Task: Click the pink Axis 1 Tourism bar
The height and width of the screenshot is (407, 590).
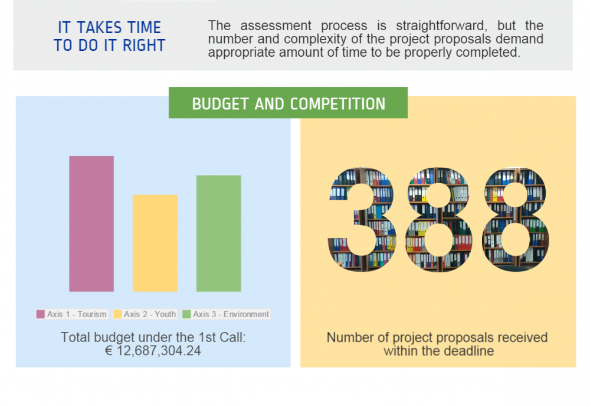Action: (91, 223)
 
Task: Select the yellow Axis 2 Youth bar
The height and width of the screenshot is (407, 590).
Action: (155, 243)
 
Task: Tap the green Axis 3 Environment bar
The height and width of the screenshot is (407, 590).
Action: (219, 233)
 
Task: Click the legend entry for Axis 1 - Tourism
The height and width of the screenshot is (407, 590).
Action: (72, 314)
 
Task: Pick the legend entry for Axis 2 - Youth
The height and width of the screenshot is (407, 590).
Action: (145, 314)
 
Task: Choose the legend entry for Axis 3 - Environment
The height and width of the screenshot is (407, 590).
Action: (226, 314)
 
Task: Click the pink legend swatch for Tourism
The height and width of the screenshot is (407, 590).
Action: (40, 314)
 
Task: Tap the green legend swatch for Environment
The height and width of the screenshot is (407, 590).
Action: (186, 314)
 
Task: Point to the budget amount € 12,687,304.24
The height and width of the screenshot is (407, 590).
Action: (153, 351)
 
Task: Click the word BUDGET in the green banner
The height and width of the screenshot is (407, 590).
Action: (220, 104)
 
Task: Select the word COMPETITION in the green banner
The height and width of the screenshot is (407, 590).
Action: (338, 104)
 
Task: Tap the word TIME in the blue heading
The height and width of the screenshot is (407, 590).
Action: (144, 28)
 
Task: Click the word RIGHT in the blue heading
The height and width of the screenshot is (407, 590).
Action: (144, 45)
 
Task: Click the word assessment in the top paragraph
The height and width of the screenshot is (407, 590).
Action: (276, 26)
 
